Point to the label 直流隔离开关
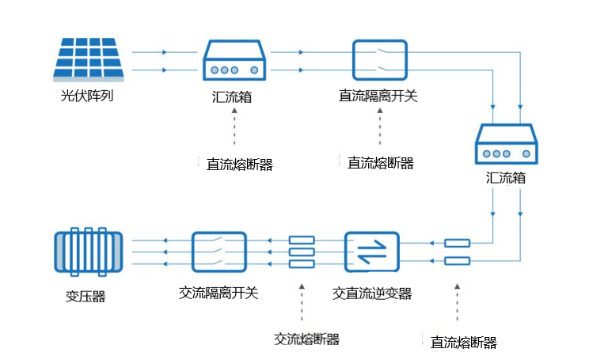pyautogui.click(x=378, y=96)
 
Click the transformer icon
pyautogui.click(x=89, y=252)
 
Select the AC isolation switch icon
pyautogui.click(x=219, y=252)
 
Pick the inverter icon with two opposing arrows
pyautogui.click(x=372, y=252)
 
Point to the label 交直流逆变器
pyautogui.click(x=372, y=294)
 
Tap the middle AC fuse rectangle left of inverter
pyautogui.click(x=302, y=252)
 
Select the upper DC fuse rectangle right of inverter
pyautogui.click(x=457, y=243)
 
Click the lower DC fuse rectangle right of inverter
pyautogui.click(x=457, y=260)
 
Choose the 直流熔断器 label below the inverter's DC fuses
pyautogui.click(x=464, y=343)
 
